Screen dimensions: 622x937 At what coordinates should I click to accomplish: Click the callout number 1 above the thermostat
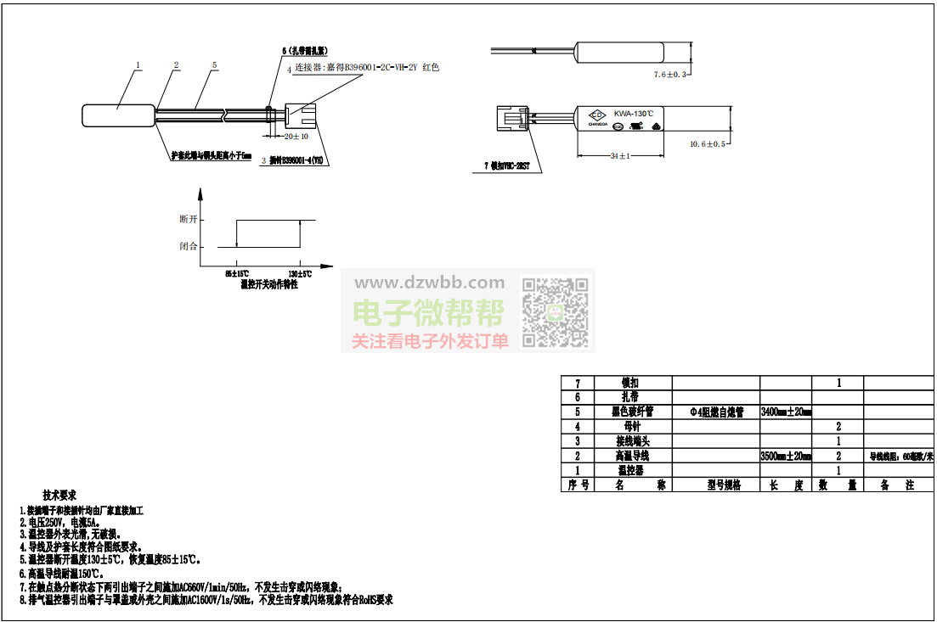click(x=138, y=64)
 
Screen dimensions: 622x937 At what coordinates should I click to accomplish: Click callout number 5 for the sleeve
click(x=214, y=64)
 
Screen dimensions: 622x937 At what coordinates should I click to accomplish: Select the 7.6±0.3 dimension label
click(x=669, y=75)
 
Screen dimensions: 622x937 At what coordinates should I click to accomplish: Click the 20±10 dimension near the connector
click(x=296, y=136)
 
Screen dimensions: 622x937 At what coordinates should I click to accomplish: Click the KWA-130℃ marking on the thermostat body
click(x=634, y=114)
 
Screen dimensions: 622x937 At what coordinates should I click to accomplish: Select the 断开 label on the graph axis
click(x=188, y=219)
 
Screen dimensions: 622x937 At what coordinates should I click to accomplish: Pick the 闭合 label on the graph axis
click(x=188, y=246)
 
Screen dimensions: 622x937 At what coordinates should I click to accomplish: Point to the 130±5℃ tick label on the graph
click(x=300, y=273)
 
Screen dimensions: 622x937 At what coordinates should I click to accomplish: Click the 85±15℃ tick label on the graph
click(x=237, y=273)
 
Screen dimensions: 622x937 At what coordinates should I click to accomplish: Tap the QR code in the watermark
click(x=555, y=311)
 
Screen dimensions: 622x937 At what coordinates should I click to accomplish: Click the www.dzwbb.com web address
click(x=429, y=283)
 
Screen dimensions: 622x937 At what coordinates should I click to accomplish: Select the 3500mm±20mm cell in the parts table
click(x=786, y=457)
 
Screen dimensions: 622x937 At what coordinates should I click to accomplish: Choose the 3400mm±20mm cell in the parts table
click(x=786, y=412)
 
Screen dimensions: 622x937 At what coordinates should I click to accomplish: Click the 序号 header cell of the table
click(x=578, y=485)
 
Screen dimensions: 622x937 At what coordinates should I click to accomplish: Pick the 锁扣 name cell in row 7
click(x=630, y=384)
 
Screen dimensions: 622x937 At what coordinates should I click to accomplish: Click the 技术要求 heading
click(x=59, y=495)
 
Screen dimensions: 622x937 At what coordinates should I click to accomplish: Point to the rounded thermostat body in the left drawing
click(x=118, y=116)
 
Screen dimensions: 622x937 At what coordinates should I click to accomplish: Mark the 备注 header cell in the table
click(x=897, y=485)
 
